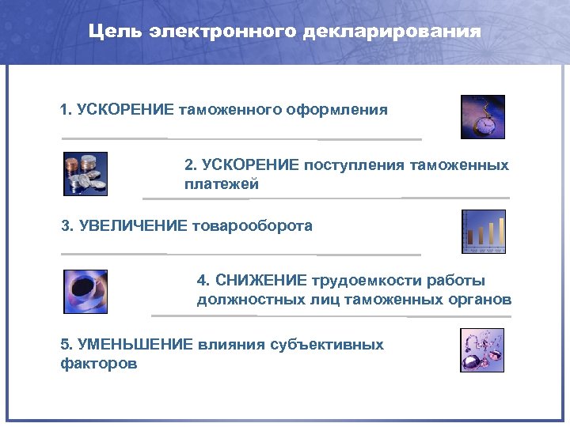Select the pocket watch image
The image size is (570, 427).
point(482,117)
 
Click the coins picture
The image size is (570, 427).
point(85,173)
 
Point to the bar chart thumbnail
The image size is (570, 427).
point(483,232)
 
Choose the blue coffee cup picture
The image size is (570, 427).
point(85,291)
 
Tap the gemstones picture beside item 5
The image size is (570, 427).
point(482,350)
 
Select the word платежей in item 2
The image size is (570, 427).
point(222,184)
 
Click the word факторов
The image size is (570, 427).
point(98,365)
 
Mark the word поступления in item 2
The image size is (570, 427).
point(354,165)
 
